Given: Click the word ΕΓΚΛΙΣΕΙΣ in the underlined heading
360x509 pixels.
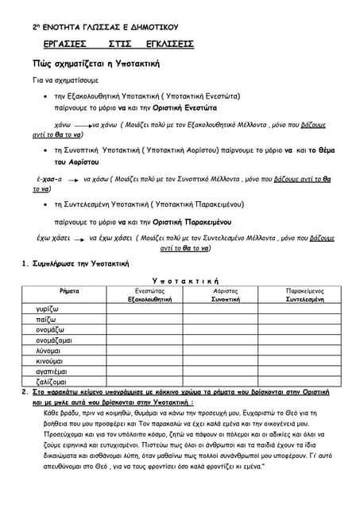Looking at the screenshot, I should (170, 45).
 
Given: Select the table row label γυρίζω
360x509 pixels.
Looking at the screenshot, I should (48, 308).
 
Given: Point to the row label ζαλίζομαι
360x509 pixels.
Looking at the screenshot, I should (52, 383).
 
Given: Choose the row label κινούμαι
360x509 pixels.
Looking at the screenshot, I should (52, 361).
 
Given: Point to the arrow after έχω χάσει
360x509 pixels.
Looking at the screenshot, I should (80, 239).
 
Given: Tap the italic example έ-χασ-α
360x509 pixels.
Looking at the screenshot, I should (49, 181).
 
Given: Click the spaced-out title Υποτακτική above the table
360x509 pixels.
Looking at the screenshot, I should (185, 282).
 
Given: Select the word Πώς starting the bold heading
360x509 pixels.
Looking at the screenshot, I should (42, 62).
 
